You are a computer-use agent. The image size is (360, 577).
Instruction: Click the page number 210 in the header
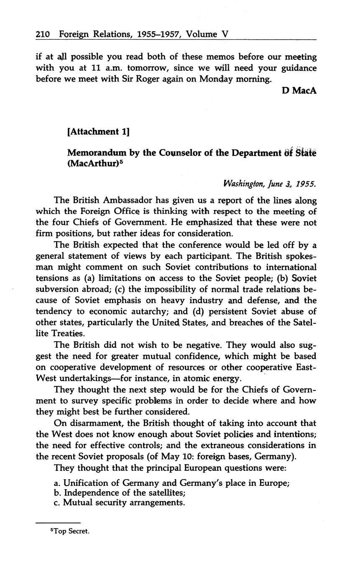point(43,34)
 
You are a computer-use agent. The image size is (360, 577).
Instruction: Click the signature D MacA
point(299,90)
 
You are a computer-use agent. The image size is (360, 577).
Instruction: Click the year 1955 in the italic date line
point(306,184)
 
